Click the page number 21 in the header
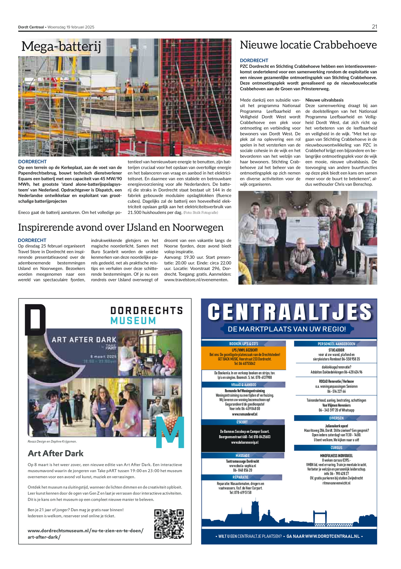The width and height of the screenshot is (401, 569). click(x=374, y=27)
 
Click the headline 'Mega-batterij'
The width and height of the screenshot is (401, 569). click(x=61, y=47)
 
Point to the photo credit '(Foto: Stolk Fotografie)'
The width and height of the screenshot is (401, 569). click(x=200, y=213)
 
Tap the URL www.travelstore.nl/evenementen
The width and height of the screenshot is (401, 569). click(x=196, y=280)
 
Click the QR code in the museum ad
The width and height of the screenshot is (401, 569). click(x=169, y=524)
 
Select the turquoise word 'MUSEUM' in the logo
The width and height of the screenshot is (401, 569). click(x=133, y=321)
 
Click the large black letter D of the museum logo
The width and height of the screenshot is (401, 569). click(x=35, y=320)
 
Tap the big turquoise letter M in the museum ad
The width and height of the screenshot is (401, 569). click(x=170, y=433)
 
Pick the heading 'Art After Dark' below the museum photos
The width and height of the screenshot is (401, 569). click(x=56, y=453)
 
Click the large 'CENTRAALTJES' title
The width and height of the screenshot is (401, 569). click(x=289, y=312)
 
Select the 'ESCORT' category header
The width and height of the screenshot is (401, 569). click(x=242, y=422)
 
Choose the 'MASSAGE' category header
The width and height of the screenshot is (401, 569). click(x=242, y=456)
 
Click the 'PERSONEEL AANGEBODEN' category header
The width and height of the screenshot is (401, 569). click(x=336, y=344)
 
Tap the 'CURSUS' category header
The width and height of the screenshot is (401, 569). click(x=336, y=448)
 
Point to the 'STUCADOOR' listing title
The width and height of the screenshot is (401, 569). click(x=336, y=350)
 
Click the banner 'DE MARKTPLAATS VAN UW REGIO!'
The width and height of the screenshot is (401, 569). click(x=287, y=329)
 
